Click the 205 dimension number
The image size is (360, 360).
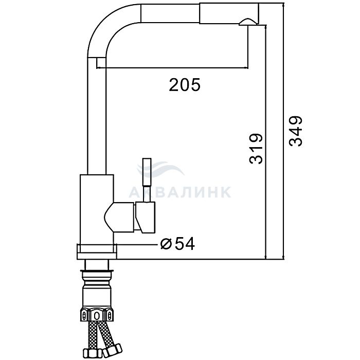point(185,85)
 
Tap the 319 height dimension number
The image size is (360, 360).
point(256,149)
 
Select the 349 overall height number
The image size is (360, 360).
point(296,131)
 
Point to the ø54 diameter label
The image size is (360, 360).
point(177,244)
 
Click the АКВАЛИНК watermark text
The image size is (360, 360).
point(180,192)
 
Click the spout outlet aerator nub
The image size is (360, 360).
point(247,22)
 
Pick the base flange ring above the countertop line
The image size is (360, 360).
point(97,251)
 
